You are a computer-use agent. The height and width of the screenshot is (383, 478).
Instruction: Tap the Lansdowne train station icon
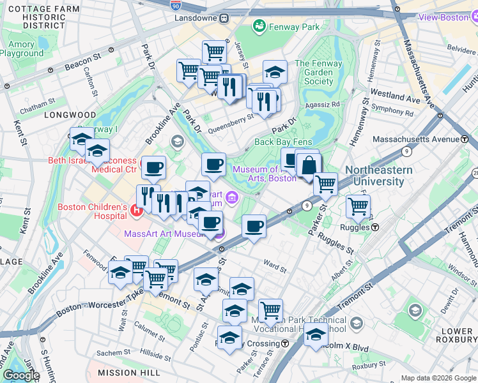tap(224, 18)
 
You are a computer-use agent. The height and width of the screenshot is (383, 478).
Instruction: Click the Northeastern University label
tap(374, 176)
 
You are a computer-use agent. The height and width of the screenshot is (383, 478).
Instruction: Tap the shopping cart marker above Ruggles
tap(358, 206)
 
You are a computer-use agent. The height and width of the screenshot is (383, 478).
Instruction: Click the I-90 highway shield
tap(175, 5)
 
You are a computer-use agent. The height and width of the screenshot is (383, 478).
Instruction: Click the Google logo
tap(20, 375)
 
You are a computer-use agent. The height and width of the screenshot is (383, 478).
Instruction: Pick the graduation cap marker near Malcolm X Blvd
tap(316, 334)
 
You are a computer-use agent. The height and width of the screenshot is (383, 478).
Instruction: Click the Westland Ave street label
tap(395, 96)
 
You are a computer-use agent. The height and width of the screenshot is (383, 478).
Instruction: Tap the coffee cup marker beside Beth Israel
tap(153, 168)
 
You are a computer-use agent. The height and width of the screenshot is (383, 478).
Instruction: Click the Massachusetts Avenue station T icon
tap(463, 139)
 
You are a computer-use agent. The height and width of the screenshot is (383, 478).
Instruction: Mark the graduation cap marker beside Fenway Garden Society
tap(275, 72)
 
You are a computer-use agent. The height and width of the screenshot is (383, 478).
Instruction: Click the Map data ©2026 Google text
tap(438, 378)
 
